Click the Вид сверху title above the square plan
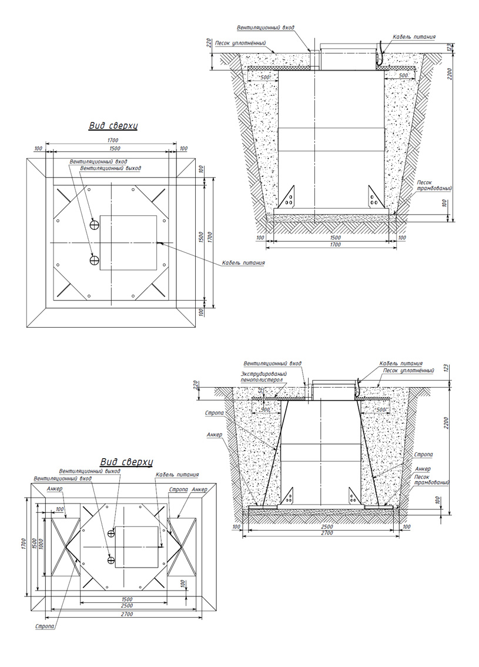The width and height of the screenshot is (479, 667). tap(113, 126)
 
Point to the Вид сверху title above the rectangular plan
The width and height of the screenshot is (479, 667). tap(127, 462)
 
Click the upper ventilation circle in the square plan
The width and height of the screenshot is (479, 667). tap(95, 224)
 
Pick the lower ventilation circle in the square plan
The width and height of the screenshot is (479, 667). tap(95, 259)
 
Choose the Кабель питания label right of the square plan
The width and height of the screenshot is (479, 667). tap(243, 263)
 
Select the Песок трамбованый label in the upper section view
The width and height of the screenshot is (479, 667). tap(433, 185)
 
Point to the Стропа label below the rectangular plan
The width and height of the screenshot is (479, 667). tap(45, 627)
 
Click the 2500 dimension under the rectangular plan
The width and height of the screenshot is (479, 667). tap(127, 605)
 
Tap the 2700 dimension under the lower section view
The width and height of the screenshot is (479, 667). tap(327, 532)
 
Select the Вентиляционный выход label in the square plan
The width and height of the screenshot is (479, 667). tap(110, 168)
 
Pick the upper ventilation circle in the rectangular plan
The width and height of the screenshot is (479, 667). tap(111, 533)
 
